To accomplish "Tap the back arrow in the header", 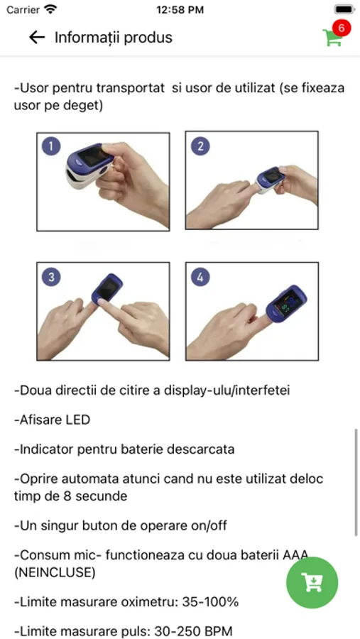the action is click(37, 38).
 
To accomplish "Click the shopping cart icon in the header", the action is click(332, 38).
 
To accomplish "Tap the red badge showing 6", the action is click(342, 28).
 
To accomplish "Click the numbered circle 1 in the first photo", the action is click(51, 147).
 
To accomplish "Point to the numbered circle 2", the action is click(200, 146).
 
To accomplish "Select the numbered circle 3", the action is click(51, 277).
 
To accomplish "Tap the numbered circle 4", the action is click(200, 278).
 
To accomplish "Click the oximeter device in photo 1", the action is click(89, 164).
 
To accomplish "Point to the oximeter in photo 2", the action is click(271, 180).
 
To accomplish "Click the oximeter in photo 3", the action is click(107, 288).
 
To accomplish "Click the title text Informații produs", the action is click(114, 38).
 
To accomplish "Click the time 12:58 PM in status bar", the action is click(180, 10).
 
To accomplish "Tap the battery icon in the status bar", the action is click(344, 9).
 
